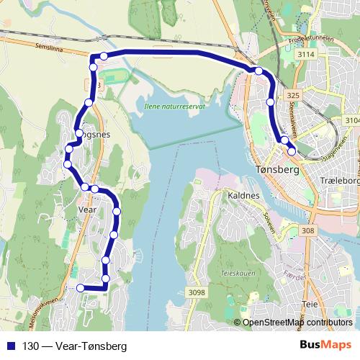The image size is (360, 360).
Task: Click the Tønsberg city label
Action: (x=276, y=170)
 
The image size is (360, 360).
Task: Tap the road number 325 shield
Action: (x=292, y=94)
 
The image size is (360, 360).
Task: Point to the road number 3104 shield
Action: (x=352, y=120)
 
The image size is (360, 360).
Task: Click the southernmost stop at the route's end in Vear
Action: (x=81, y=288)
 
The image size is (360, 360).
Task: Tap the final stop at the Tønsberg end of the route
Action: (x=292, y=151)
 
